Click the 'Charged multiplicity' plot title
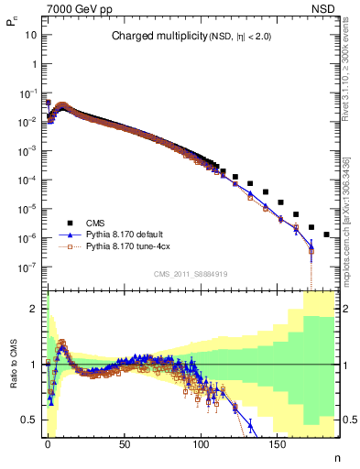point(191,37)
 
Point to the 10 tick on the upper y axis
point(31,35)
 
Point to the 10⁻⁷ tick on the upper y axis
point(29,267)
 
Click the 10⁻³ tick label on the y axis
point(29,150)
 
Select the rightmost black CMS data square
point(327,234)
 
